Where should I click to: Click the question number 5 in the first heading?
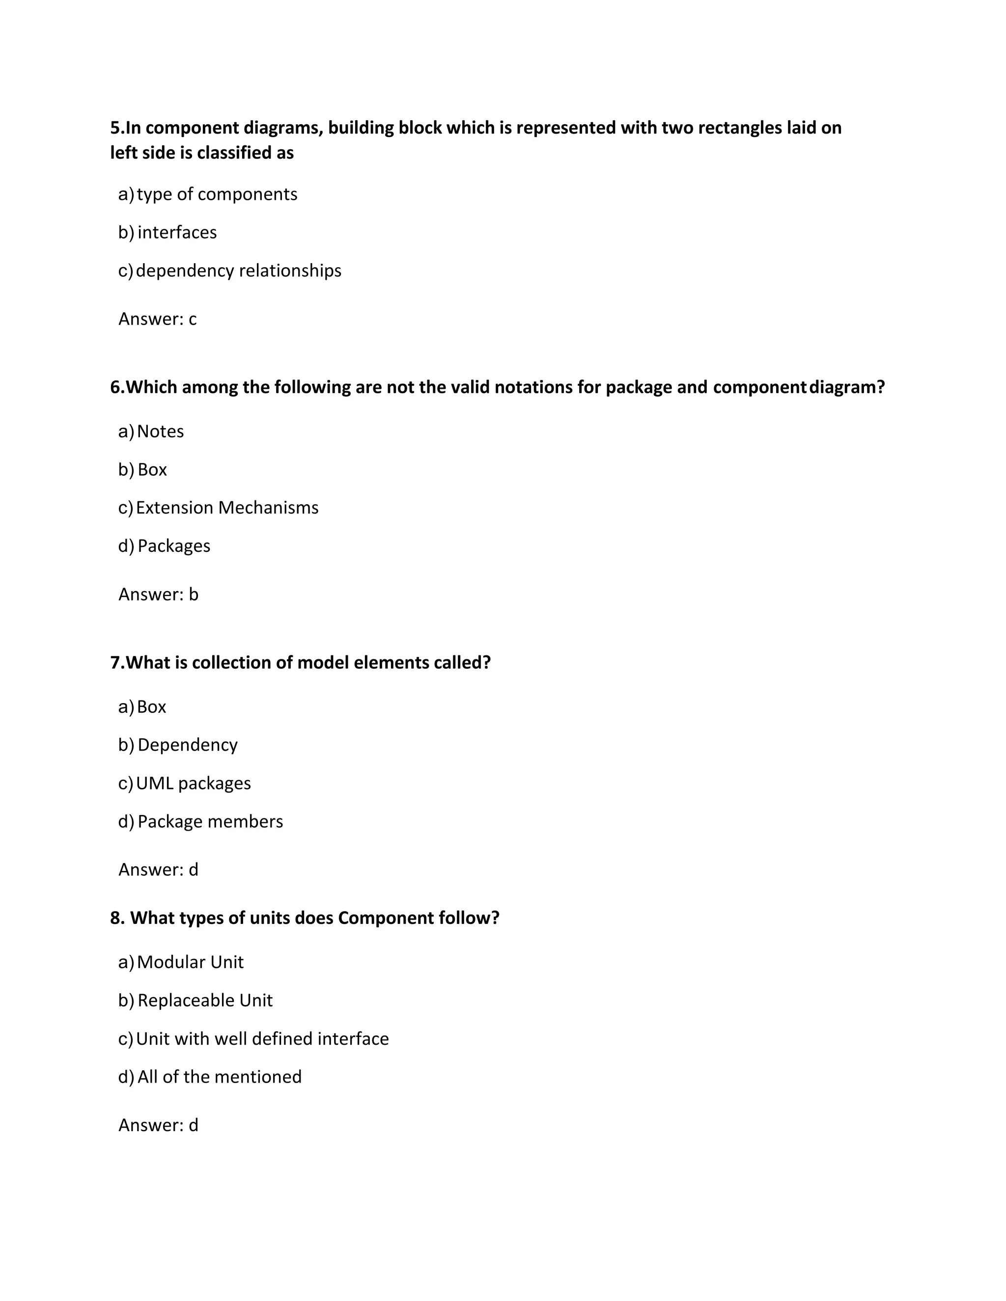tap(115, 128)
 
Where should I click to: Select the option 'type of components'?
tap(217, 194)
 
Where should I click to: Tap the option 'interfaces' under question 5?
tap(177, 232)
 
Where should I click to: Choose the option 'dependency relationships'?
tap(238, 271)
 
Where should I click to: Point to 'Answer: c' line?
tap(157, 319)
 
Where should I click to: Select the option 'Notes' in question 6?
tap(160, 431)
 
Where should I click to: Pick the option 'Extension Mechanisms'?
tap(227, 508)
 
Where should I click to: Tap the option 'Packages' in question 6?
tap(174, 545)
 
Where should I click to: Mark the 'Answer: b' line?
tap(158, 595)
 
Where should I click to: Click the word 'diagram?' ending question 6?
tap(847, 388)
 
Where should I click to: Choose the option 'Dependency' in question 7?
tap(188, 745)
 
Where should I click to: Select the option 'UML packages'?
tap(193, 783)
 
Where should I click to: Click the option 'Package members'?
tap(210, 821)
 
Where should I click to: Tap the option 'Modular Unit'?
tap(190, 962)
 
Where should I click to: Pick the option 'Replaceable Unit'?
tap(205, 1000)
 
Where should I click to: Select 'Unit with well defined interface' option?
tap(262, 1038)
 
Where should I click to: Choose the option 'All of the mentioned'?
tap(219, 1077)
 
